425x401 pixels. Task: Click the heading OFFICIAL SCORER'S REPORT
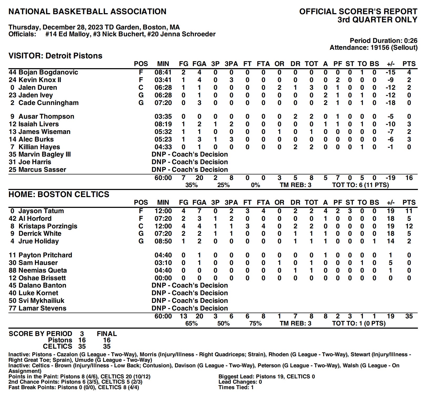coord(358,12)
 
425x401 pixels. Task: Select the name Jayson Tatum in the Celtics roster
coord(41,211)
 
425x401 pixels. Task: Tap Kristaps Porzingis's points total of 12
coord(409,226)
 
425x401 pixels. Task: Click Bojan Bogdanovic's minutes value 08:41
coord(163,72)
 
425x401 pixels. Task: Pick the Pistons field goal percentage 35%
coord(191,185)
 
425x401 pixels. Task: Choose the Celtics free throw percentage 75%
coord(255,323)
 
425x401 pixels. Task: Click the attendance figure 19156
coord(382,48)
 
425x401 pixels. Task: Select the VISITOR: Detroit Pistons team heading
coord(55,56)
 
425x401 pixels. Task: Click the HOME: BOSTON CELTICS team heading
coord(59,194)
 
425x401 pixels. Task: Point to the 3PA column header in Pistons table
coord(231,64)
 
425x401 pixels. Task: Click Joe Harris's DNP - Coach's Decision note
coord(190,162)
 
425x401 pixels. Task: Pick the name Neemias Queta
coord(43,270)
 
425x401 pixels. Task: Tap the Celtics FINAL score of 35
coord(107,346)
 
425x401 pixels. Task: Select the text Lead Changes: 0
coord(240,382)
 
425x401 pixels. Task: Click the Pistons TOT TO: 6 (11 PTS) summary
coord(360,185)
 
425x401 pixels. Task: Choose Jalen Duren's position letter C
coord(141,88)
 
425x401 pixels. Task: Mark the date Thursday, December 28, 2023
coord(55,27)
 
